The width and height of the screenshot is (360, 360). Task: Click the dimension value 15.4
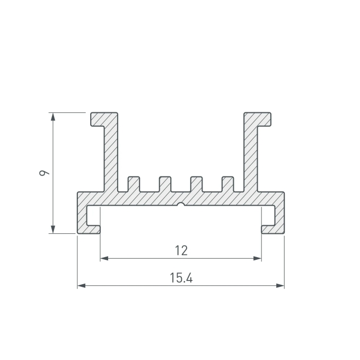coord(181,278)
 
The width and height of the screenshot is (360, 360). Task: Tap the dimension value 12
coord(181,250)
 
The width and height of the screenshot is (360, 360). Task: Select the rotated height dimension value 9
coord(44,173)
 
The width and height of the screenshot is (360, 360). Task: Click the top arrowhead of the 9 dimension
coord(53,117)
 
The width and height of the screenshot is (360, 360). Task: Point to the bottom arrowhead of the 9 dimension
coord(53,230)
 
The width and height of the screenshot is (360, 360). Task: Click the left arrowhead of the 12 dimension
coord(104,259)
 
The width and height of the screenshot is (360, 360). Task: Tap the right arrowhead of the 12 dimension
coord(257,259)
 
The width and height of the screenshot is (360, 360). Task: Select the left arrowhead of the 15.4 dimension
coord(81,286)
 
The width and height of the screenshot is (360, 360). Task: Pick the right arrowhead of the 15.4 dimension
coord(280,286)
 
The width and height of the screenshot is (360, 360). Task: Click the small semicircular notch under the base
coord(181,204)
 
